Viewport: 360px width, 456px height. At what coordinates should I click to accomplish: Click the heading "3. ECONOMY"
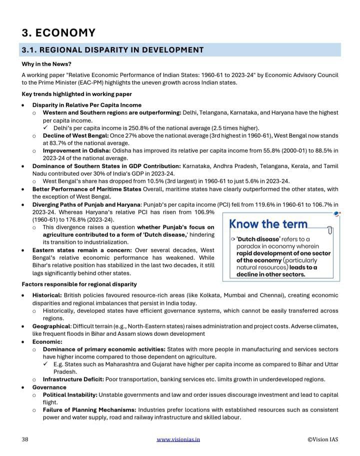(x=58, y=33)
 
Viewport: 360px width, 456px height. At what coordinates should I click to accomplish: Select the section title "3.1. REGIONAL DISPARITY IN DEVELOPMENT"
(x=112, y=50)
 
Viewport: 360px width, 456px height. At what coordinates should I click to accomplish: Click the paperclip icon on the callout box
(x=329, y=230)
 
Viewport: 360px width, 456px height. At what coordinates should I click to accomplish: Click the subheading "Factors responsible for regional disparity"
(x=79, y=284)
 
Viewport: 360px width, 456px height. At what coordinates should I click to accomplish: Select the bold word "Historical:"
(x=47, y=296)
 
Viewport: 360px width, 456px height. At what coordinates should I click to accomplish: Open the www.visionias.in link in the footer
(x=178, y=439)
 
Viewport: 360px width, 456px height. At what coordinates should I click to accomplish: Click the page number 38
(x=25, y=439)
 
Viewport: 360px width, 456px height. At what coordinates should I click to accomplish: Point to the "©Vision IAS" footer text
(x=322, y=439)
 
